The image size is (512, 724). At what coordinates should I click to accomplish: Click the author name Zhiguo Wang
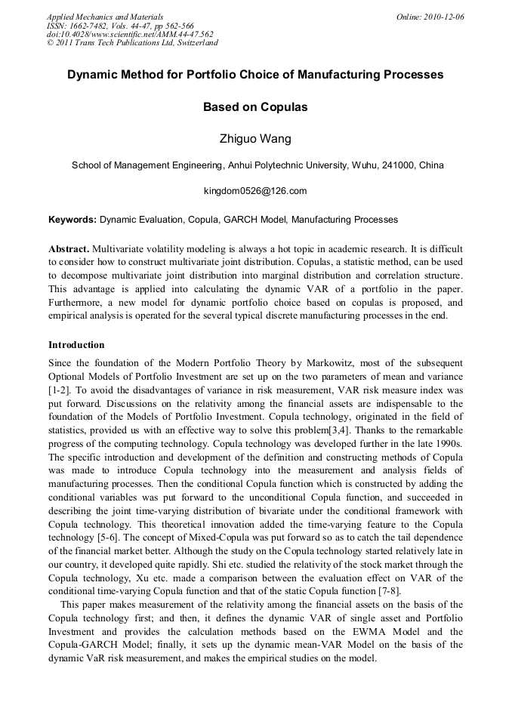tap(255, 138)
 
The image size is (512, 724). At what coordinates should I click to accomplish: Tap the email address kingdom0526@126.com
tap(255, 191)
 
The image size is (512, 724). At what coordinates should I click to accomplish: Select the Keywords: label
tap(72, 220)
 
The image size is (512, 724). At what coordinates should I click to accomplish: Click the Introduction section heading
tap(76, 345)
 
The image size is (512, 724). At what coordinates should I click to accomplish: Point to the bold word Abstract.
tap(69, 248)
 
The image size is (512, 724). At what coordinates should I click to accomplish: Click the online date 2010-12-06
tap(440, 17)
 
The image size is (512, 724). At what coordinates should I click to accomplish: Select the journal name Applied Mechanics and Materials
tap(105, 17)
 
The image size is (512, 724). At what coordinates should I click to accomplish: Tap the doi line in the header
tap(130, 34)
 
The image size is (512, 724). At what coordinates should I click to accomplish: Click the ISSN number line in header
tap(120, 26)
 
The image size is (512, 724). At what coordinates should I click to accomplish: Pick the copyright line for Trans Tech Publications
tap(132, 43)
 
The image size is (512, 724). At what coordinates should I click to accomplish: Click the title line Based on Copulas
tap(255, 107)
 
